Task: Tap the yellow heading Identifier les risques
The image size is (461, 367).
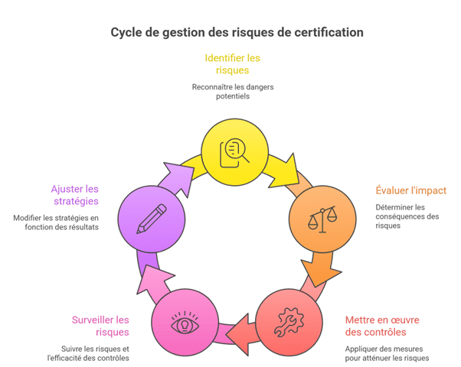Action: tap(232, 64)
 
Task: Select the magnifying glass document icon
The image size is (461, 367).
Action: tap(234, 153)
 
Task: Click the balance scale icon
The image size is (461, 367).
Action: tap(322, 219)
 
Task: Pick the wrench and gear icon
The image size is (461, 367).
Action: tap(289, 322)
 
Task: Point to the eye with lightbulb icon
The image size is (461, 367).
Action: tap(185, 322)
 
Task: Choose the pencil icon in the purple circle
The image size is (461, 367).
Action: tap(152, 219)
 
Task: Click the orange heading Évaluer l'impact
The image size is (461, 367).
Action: tap(411, 190)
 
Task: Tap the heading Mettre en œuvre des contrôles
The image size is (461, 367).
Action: tap(382, 326)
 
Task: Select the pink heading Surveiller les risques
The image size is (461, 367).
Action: tap(100, 326)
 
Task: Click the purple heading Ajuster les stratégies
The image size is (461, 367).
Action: tap(75, 195)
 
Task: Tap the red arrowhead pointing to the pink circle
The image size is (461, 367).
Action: tap(239, 335)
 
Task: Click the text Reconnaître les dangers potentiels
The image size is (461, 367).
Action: tap(233, 92)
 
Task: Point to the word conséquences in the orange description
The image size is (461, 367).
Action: tap(400, 216)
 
